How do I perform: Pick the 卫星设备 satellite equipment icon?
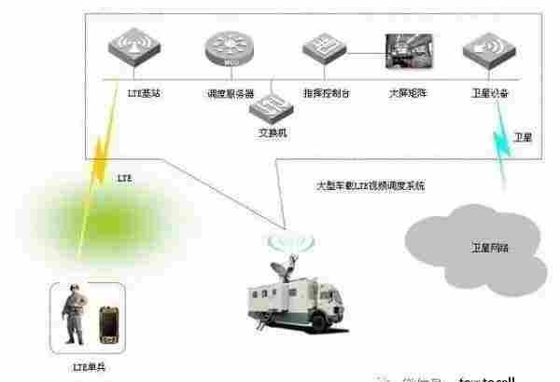point(487,54)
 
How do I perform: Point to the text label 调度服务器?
point(228,94)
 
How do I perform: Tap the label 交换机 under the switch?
point(273,133)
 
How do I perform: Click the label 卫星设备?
point(490,94)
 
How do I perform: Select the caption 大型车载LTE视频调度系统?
point(370,186)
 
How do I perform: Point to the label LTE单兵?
point(90,371)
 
